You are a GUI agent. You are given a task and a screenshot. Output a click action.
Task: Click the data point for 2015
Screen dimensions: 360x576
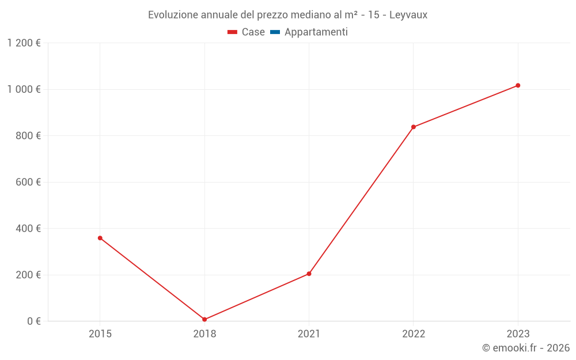(100, 238)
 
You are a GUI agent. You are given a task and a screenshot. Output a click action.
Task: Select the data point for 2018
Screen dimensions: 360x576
(204, 319)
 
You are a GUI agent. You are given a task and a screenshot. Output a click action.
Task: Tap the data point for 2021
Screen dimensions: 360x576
(309, 274)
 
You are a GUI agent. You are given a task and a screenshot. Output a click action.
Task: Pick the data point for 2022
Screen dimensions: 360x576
(414, 127)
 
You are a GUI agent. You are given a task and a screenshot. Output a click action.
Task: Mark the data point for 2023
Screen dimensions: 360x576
(518, 85)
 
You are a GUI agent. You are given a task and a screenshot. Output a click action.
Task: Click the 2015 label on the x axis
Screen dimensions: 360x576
(100, 334)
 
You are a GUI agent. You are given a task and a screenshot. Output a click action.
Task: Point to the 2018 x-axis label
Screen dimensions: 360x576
(204, 334)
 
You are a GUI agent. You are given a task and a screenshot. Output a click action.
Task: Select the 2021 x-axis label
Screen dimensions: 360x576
(309, 334)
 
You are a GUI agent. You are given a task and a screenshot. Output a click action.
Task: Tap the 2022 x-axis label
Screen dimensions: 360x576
(414, 334)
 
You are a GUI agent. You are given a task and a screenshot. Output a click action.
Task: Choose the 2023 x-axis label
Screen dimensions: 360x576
(518, 334)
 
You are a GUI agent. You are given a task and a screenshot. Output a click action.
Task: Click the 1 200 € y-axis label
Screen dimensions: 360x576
(24, 43)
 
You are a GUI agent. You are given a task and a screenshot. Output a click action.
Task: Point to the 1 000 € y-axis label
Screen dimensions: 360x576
(24, 89)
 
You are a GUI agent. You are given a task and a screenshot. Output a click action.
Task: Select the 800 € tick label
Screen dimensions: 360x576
(30, 136)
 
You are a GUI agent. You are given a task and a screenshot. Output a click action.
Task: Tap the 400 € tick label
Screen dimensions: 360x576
(30, 229)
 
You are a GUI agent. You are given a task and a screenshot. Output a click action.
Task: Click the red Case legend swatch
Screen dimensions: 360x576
(232, 32)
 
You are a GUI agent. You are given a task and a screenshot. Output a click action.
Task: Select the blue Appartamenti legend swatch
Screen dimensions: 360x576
(275, 32)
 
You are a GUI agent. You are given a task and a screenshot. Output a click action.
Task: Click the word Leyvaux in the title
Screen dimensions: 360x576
(408, 15)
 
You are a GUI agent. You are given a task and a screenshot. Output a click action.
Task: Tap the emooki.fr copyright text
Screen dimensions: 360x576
(525, 348)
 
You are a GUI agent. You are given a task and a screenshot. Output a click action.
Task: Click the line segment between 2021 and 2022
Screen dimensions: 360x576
(361, 200)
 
